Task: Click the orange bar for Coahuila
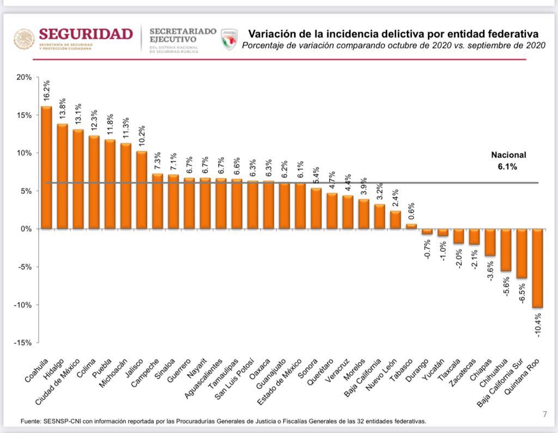pos(47,168)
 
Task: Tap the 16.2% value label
pos(47,90)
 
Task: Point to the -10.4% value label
pos(538,325)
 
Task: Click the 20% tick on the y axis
pos(24,77)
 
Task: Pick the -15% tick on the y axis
pos(23,343)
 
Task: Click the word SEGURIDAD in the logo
pos(86,34)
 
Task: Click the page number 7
pos(544,415)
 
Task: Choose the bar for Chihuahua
pos(506,250)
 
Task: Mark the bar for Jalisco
pos(142,190)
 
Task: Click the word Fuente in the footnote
pos(31,421)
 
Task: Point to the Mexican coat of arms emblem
pos(24,39)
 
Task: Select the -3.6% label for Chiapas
pos(490,269)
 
